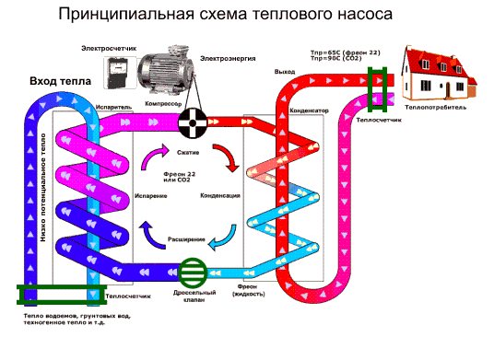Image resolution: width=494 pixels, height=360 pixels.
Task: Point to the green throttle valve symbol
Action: pos(194,273)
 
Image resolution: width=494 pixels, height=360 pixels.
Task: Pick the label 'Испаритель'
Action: pos(112,108)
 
